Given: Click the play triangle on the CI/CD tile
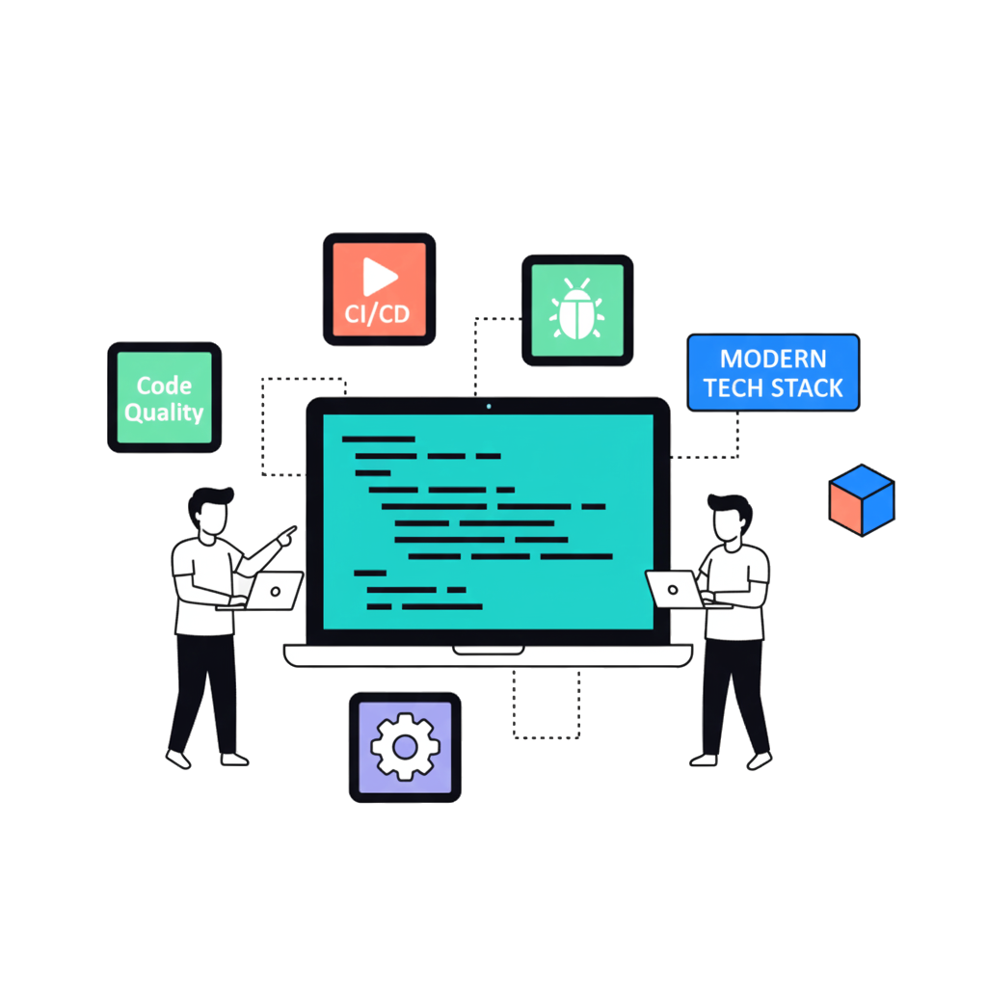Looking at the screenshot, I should coord(380,277).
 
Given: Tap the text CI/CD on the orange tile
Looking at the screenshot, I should coord(379,314).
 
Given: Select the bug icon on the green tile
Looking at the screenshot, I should coord(576,310).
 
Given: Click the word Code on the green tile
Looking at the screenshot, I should coord(164,386).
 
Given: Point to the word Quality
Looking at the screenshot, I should coord(164,413).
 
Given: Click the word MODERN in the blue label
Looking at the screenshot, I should coord(773,360).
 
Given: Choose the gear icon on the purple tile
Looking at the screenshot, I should coord(405,746).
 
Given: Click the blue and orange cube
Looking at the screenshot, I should coord(862,499).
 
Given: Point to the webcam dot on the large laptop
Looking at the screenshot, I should coord(489,406).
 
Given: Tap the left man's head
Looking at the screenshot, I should coord(211,511).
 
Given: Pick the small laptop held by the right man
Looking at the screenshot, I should coord(674,589).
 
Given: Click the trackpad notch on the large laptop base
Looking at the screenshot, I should coord(489,651).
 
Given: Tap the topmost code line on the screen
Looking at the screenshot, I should coord(378,440).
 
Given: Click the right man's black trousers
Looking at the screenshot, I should coord(735,694).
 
